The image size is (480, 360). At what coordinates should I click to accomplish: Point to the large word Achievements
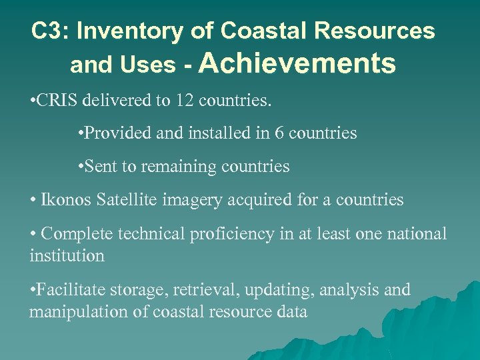coord(297,63)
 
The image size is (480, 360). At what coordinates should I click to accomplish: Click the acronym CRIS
coord(57,101)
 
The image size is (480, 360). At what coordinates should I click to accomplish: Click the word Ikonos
coord(62,200)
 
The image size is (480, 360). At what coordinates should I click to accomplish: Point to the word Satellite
coord(119,200)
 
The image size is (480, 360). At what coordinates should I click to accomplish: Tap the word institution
coord(67,255)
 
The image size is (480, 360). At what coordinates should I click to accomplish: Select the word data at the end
coord(291,311)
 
